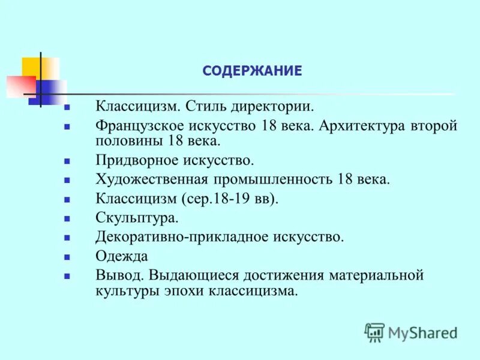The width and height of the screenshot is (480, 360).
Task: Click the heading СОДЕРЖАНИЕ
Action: [x=252, y=71]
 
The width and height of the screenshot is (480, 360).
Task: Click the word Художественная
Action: [x=152, y=179]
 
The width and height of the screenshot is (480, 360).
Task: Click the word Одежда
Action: [x=121, y=256]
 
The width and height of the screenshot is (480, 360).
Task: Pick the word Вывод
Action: [x=120, y=275]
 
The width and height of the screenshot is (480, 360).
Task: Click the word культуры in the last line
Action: [x=123, y=291]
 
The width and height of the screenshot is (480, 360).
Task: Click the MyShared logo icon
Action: [x=374, y=332]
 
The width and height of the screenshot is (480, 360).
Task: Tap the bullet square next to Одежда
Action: [x=67, y=257]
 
